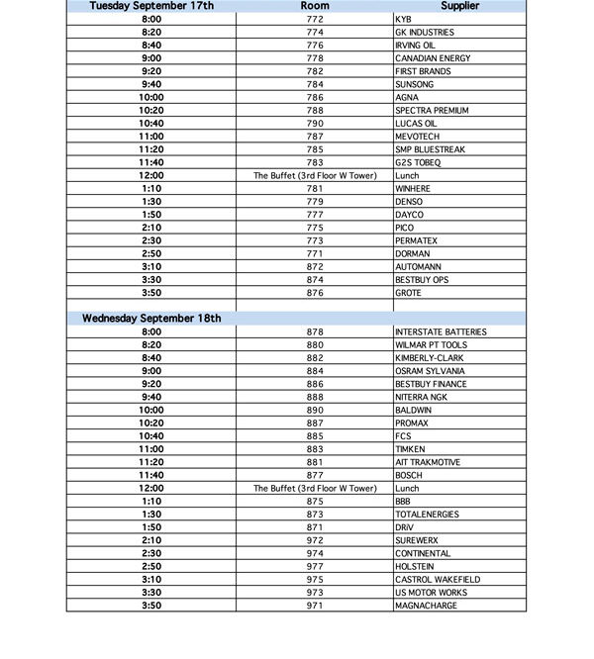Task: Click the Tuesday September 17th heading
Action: point(151,6)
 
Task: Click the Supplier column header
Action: point(459,6)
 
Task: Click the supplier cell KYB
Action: point(404,19)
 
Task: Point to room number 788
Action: point(315,111)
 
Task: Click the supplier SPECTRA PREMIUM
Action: point(432,111)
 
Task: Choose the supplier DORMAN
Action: point(412,254)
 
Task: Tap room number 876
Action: point(315,293)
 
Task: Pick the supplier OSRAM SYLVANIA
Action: point(429,371)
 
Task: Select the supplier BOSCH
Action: point(408,475)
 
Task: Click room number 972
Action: point(315,540)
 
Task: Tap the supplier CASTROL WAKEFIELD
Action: point(437,579)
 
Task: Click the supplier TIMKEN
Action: point(410,449)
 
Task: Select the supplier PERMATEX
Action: point(416,240)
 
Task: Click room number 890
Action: point(315,410)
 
